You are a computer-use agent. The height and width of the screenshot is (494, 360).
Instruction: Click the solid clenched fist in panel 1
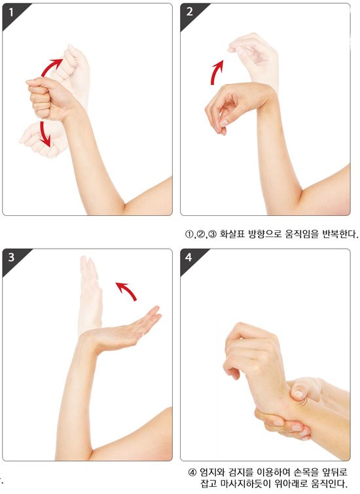click(x=47, y=99)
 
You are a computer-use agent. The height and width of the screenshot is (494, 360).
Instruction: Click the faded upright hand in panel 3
click(x=90, y=294)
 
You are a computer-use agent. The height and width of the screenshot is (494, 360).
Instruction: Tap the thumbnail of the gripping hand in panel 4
click(x=297, y=394)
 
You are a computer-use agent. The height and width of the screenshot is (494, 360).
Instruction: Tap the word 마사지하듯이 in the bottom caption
click(x=242, y=483)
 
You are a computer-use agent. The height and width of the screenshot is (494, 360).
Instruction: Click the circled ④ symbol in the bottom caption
click(x=192, y=472)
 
